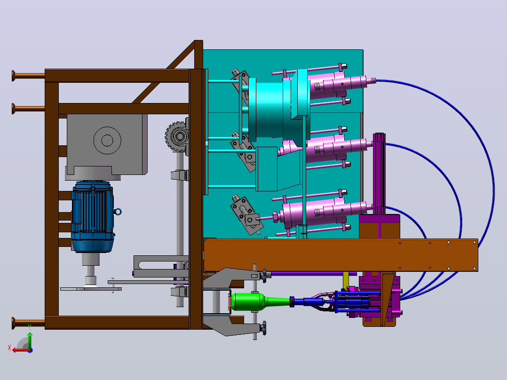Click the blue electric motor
coord(93,217)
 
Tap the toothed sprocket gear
coord(176,136)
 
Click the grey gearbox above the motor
coord(107,145)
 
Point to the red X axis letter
coord(9,348)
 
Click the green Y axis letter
coord(30,327)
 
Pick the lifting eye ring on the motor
coord(118,212)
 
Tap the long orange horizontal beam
coord(341,255)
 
